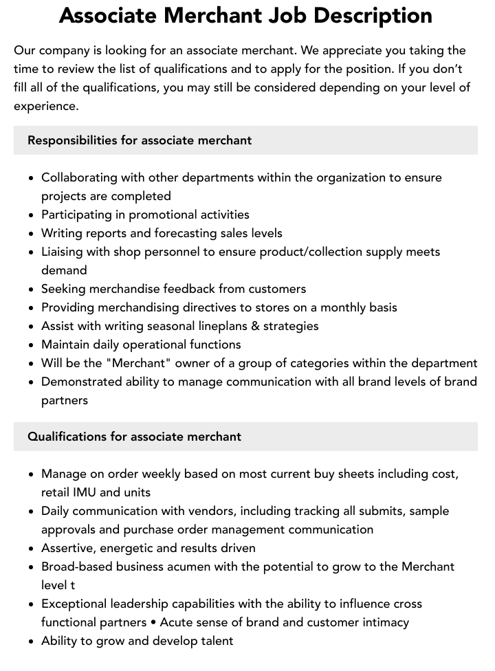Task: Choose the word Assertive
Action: click(x=69, y=548)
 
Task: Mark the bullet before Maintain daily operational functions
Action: click(x=31, y=344)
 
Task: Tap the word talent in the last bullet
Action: click(x=214, y=641)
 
